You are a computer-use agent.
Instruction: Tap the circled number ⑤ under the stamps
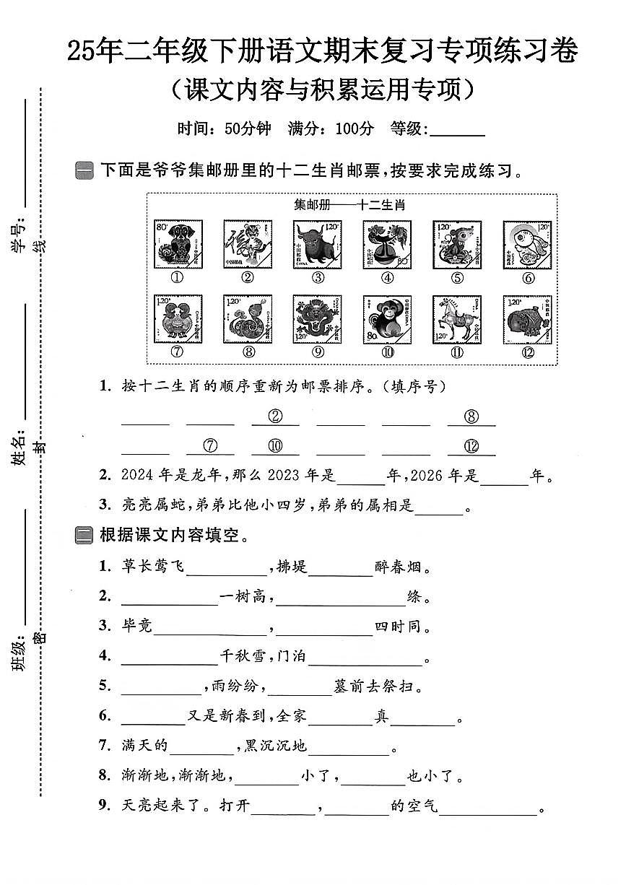coord(457,277)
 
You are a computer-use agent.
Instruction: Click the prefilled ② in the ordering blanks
coord(274,417)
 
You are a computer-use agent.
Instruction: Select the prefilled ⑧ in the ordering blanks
coord(471,417)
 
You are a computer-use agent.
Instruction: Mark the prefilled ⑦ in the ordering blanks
coord(210,446)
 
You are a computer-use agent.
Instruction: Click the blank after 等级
coord(457,131)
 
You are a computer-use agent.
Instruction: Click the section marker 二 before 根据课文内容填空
coord(84,536)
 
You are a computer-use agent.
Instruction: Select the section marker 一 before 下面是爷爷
coord(84,171)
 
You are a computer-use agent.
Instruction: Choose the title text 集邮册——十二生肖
coord(350,204)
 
